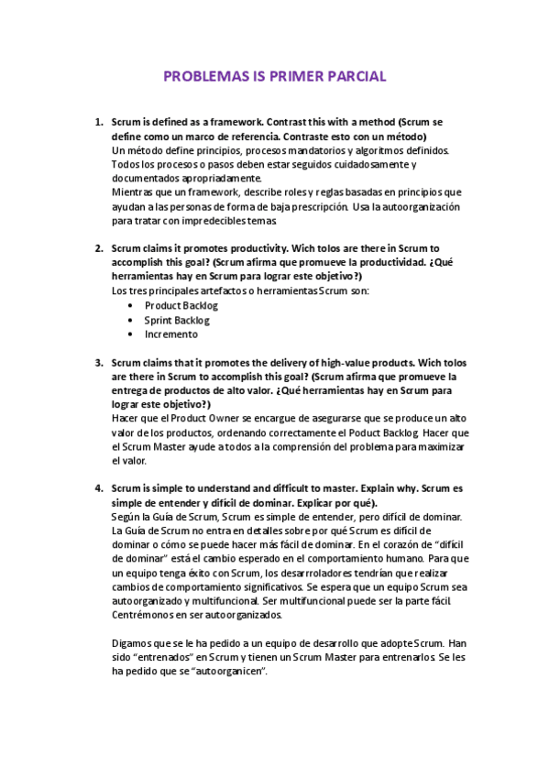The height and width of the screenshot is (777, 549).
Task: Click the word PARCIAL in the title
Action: pyautogui.click(x=352, y=76)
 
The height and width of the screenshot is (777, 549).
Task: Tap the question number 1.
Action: pyautogui.click(x=99, y=121)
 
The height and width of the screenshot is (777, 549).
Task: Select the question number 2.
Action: pyautogui.click(x=99, y=247)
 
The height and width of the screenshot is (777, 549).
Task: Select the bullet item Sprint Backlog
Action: pyautogui.click(x=176, y=320)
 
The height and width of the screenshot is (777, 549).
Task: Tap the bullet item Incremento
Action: pyautogui.click(x=171, y=334)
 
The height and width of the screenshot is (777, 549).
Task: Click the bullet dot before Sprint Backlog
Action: pyautogui.click(x=132, y=320)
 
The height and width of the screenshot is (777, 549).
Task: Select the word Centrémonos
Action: pyautogui.click(x=146, y=615)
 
